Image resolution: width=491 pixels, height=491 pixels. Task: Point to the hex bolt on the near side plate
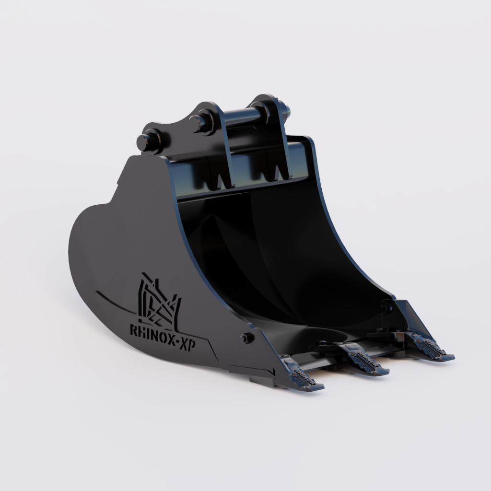pyautogui.click(x=246, y=338)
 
